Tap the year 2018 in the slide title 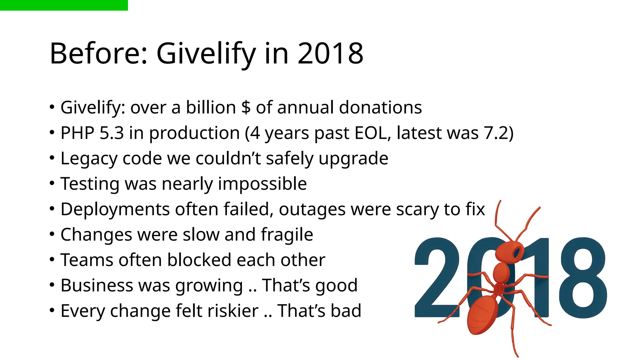point(330,54)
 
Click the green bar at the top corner point(64,5)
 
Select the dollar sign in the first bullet point(246,107)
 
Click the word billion point(211,107)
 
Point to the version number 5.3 point(112,133)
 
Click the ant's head point(508,251)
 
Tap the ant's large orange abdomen point(482,314)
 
